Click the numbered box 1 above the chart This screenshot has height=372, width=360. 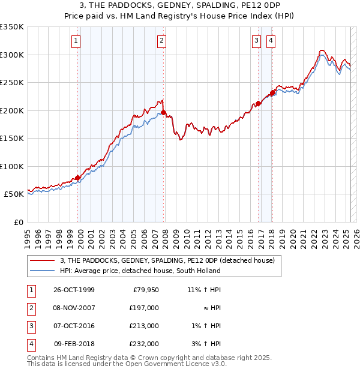[76, 41]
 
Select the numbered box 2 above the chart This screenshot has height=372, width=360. [162, 41]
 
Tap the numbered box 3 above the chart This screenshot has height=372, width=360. [256, 41]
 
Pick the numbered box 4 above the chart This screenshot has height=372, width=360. [271, 41]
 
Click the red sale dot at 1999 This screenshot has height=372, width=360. [78, 178]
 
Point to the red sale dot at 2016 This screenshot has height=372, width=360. [258, 103]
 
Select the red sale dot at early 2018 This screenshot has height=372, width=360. [272, 92]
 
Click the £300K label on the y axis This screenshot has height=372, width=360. [12, 55]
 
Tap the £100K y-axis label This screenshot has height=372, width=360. [12, 166]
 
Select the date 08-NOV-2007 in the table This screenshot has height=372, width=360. [74, 308]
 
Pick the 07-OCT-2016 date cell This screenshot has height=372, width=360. [74, 326]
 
